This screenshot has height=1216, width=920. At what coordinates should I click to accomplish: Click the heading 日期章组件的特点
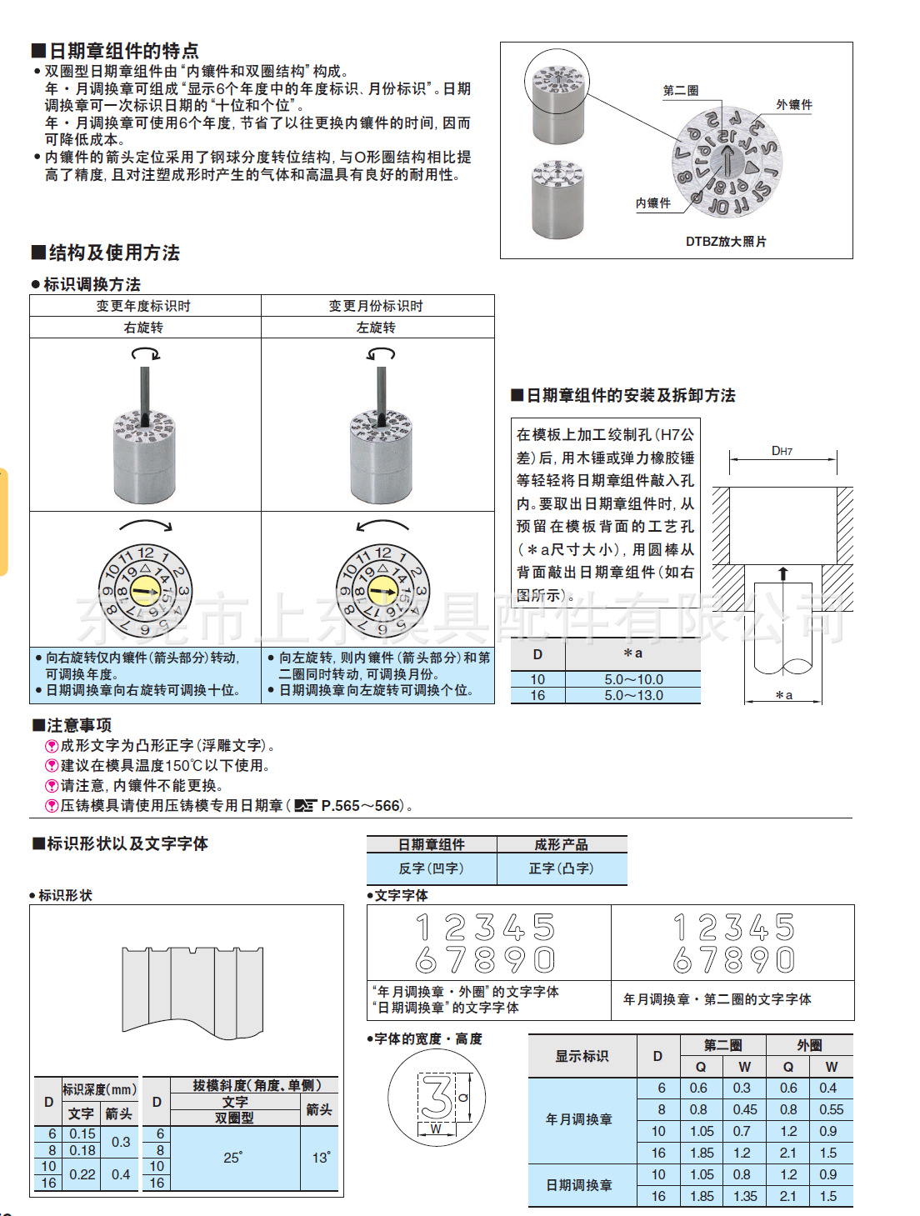tap(123, 51)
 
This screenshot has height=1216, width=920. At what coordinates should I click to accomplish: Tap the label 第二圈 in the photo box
tap(681, 91)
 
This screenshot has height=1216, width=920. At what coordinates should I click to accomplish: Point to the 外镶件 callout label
tap(793, 105)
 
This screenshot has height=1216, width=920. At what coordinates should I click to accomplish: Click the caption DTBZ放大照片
tap(726, 242)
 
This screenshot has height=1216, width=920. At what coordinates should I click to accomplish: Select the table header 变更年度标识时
tap(143, 306)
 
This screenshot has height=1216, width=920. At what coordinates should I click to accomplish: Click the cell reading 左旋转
tap(376, 328)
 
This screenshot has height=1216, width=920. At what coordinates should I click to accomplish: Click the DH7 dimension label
tap(782, 451)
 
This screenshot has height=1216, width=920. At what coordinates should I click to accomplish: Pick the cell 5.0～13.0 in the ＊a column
tap(633, 695)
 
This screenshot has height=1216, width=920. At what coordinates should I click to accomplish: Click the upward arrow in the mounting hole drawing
tap(782, 573)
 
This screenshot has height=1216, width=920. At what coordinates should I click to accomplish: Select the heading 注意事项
tap(78, 725)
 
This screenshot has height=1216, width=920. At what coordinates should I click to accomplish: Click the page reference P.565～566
tap(361, 806)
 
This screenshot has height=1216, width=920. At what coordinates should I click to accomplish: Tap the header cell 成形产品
tap(561, 845)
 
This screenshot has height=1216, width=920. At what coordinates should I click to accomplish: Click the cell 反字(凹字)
tap(431, 868)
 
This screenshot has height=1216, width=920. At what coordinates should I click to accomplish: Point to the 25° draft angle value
tap(232, 1158)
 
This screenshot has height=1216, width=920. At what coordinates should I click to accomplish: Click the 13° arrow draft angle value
tap(321, 1158)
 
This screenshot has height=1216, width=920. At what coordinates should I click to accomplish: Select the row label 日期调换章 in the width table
tap(579, 1185)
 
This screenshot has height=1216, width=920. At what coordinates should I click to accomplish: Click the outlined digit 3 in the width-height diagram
tap(437, 1096)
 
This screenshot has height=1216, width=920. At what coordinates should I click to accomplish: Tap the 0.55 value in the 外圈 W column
tap(831, 1110)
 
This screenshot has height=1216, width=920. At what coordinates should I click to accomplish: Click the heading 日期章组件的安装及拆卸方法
tap(630, 396)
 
